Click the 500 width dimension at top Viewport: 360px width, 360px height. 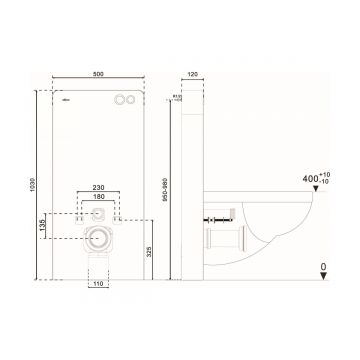coord(98,72)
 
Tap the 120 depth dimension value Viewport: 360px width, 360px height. coord(192,73)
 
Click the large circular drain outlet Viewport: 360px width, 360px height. coord(98,238)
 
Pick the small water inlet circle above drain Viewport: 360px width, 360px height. coord(98,212)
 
